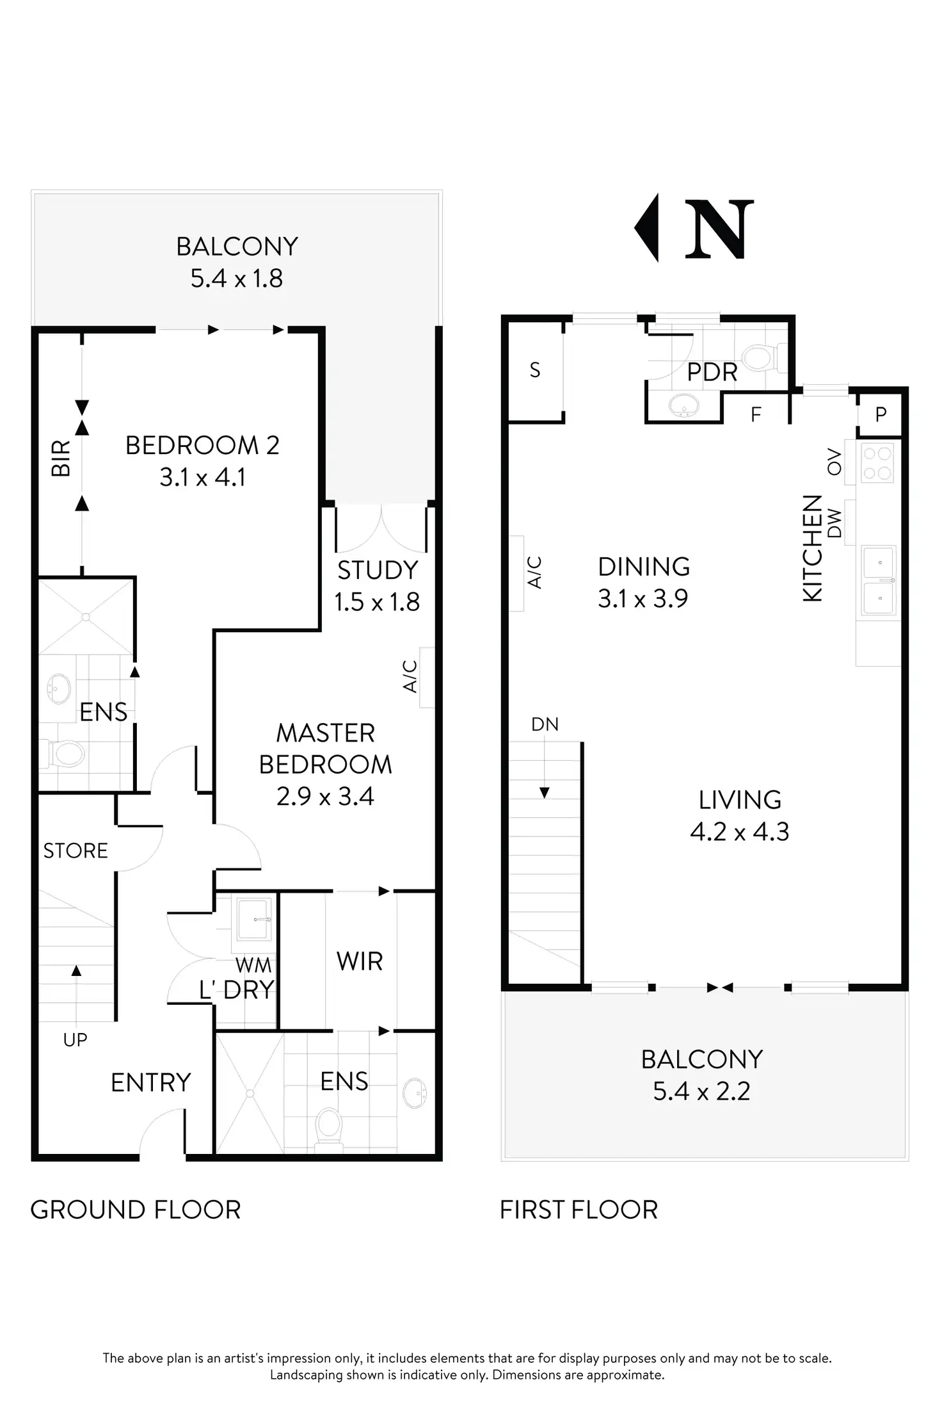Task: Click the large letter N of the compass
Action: click(x=719, y=229)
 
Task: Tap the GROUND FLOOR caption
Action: click(x=136, y=1210)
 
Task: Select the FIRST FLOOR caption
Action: click(x=579, y=1210)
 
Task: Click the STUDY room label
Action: click(x=378, y=570)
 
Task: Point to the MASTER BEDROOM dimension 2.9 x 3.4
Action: click(x=325, y=796)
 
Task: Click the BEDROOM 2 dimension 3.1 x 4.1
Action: click(x=202, y=477)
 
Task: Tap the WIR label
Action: click(x=360, y=961)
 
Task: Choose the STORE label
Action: click(x=76, y=850)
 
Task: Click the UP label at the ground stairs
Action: click(x=75, y=1039)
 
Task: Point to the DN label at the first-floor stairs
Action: click(x=545, y=724)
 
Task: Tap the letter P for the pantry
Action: click(x=881, y=414)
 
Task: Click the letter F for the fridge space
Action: click(x=756, y=415)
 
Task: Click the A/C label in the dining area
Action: click(x=535, y=572)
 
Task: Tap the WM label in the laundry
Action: click(x=253, y=965)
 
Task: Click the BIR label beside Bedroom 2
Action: click(x=61, y=459)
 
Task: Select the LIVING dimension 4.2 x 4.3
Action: click(x=740, y=831)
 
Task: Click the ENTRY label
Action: click(x=151, y=1082)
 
